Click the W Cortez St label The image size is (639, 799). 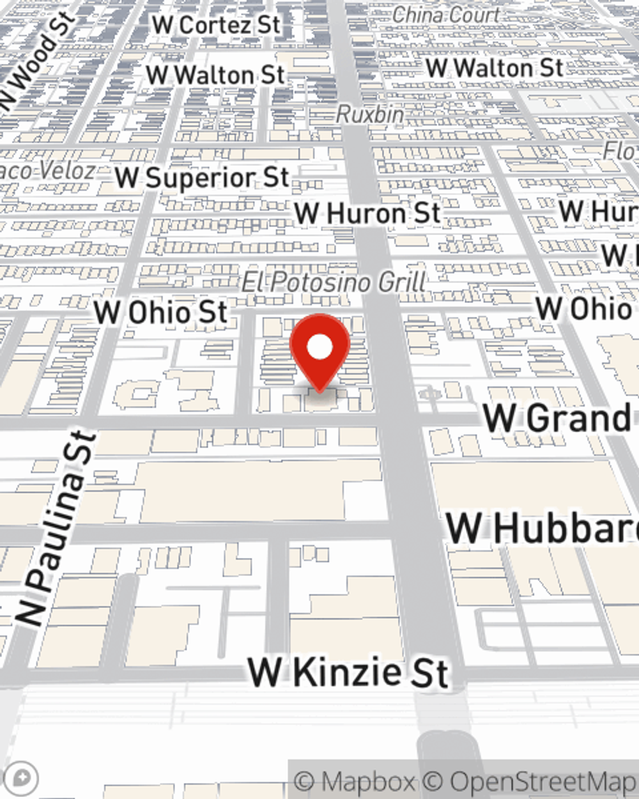click(x=216, y=26)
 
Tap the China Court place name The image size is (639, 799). click(x=445, y=15)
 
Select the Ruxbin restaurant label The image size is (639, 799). click(x=370, y=114)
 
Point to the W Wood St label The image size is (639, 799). click(x=35, y=61)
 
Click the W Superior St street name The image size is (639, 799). click(x=202, y=178)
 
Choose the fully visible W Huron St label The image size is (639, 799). click(x=367, y=213)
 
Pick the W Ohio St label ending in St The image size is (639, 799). click(x=160, y=313)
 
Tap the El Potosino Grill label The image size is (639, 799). click(x=334, y=282)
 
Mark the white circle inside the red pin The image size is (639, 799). click(x=319, y=347)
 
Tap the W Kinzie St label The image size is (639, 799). click(x=348, y=672)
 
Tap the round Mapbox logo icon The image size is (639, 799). click(x=22, y=778)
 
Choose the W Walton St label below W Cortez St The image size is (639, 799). click(x=215, y=75)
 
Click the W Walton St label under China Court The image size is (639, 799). click(x=494, y=68)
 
